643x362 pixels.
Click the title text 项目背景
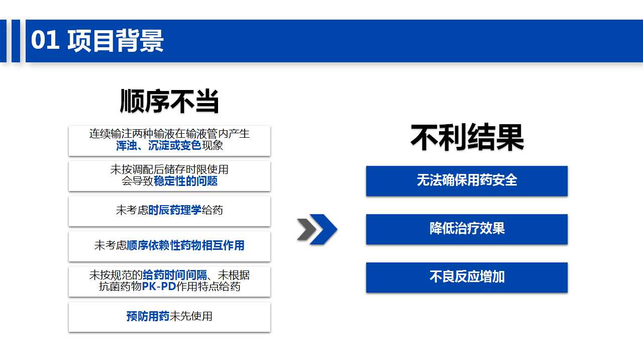116,41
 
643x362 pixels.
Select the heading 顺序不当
169,101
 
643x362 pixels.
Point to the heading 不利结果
467,137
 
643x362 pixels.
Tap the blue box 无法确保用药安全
467,181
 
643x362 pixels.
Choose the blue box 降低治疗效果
467,229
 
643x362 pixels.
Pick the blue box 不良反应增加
467,278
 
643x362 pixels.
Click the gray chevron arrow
306,229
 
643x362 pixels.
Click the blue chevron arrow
324,229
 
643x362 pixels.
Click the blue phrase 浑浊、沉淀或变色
158,145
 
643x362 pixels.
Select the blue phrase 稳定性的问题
185,181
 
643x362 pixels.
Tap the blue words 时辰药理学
175,210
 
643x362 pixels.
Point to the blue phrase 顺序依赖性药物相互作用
185,245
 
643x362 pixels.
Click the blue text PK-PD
159,287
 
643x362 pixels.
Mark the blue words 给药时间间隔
175,275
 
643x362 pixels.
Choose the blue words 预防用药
148,316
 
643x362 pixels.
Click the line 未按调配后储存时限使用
169,169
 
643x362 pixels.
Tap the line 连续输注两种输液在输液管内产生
169,134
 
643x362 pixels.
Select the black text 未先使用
190,316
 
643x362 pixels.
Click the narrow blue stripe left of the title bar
16,41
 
